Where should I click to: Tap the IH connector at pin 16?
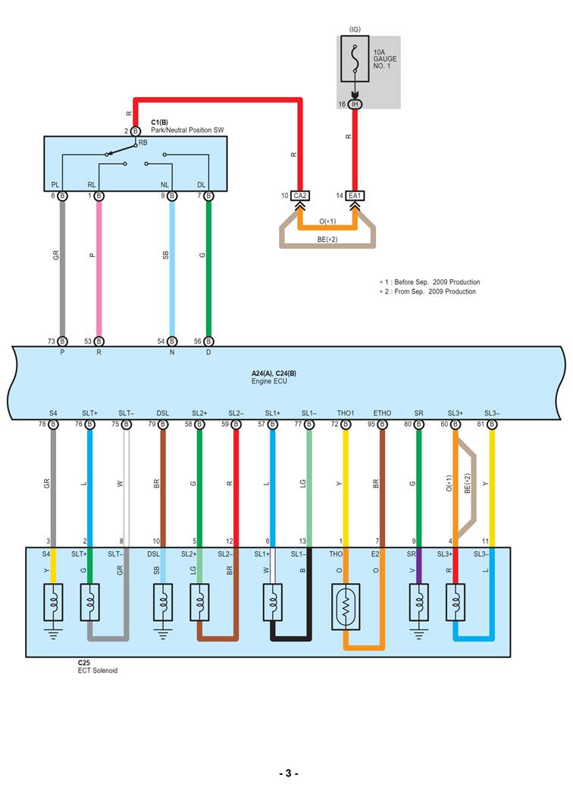point(355,103)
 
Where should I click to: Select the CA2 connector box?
point(300,196)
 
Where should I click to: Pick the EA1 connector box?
point(355,196)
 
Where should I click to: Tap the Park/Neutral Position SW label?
point(187,130)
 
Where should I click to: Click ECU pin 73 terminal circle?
point(62,341)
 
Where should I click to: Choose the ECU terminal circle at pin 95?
point(382,424)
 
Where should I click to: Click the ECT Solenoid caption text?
point(97,670)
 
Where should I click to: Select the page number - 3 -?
point(289,773)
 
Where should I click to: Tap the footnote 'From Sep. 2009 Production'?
point(431,291)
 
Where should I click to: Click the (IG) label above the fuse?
point(355,30)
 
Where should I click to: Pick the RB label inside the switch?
point(142,142)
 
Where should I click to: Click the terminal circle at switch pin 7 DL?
point(208,196)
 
